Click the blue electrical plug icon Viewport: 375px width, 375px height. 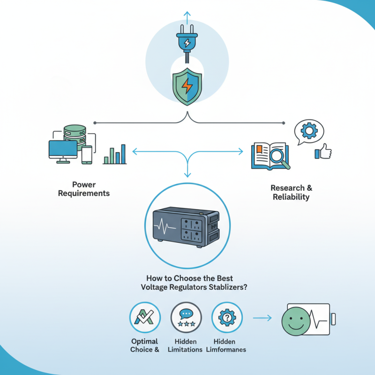[x=187, y=44]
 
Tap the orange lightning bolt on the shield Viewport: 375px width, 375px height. [x=187, y=86]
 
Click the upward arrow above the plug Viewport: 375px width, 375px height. [x=187, y=17]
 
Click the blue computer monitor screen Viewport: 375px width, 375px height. [x=63, y=149]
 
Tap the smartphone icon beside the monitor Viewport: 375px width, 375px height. [x=87, y=155]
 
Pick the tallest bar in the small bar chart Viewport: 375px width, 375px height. [x=123, y=154]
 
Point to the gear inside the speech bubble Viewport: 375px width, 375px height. [x=309, y=131]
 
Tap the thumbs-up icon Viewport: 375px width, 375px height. [x=323, y=151]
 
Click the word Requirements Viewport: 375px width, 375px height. [x=84, y=193]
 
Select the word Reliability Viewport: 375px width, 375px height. [x=291, y=197]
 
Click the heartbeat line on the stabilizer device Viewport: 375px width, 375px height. [x=165, y=226]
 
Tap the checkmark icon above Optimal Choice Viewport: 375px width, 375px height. [x=144, y=317]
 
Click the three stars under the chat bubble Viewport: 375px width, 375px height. [x=187, y=324]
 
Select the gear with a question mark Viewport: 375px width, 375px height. [x=227, y=317]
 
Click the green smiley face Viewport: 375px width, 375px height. [x=296, y=321]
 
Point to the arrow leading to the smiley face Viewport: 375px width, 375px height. [x=262, y=318]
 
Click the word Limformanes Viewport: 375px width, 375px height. [x=226, y=350]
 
